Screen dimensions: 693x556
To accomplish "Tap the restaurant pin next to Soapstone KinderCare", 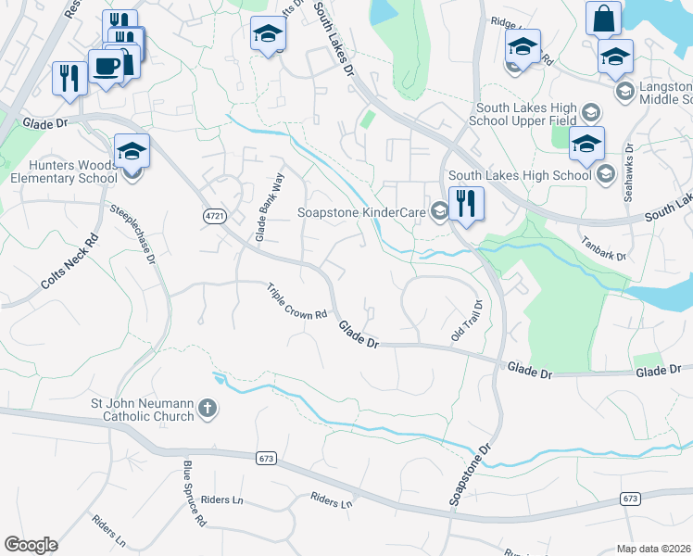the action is [x=466, y=203].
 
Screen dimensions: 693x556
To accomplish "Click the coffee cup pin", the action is [x=105, y=66].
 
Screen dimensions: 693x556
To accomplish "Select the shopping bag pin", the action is [x=603, y=19].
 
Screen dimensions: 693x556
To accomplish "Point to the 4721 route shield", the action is [x=215, y=215].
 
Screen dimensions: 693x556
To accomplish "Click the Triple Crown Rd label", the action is [x=298, y=301].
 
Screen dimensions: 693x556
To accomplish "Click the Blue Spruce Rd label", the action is [x=193, y=494].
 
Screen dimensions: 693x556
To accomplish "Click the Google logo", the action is [x=31, y=545].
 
